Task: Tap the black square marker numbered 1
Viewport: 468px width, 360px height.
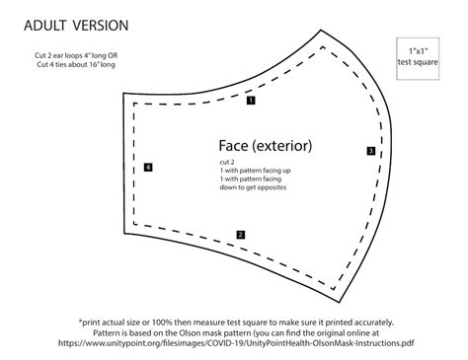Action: tap(252, 100)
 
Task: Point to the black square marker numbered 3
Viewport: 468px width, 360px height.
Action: tap(370, 151)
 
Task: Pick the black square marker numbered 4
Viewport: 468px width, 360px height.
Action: tap(148, 169)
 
